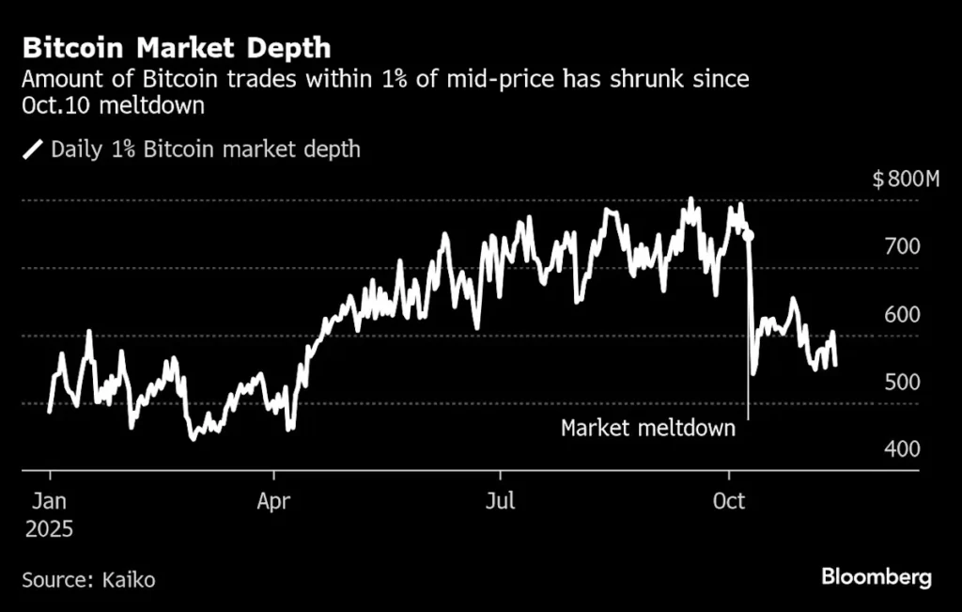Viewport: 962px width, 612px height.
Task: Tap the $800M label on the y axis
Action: click(906, 180)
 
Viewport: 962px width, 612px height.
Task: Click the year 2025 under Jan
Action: click(49, 529)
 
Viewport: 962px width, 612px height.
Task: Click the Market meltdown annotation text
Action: click(647, 429)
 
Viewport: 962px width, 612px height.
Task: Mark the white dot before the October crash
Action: click(749, 234)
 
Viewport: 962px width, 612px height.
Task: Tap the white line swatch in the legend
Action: click(33, 149)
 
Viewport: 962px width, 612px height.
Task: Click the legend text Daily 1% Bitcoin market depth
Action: click(206, 149)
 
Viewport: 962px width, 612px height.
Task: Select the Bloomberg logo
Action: click(877, 576)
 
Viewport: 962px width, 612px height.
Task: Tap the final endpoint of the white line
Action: click(835, 365)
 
